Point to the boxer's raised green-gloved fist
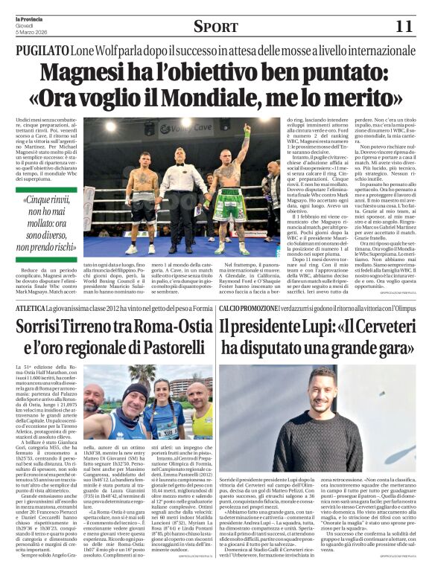pyautogui.click(x=247, y=135)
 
